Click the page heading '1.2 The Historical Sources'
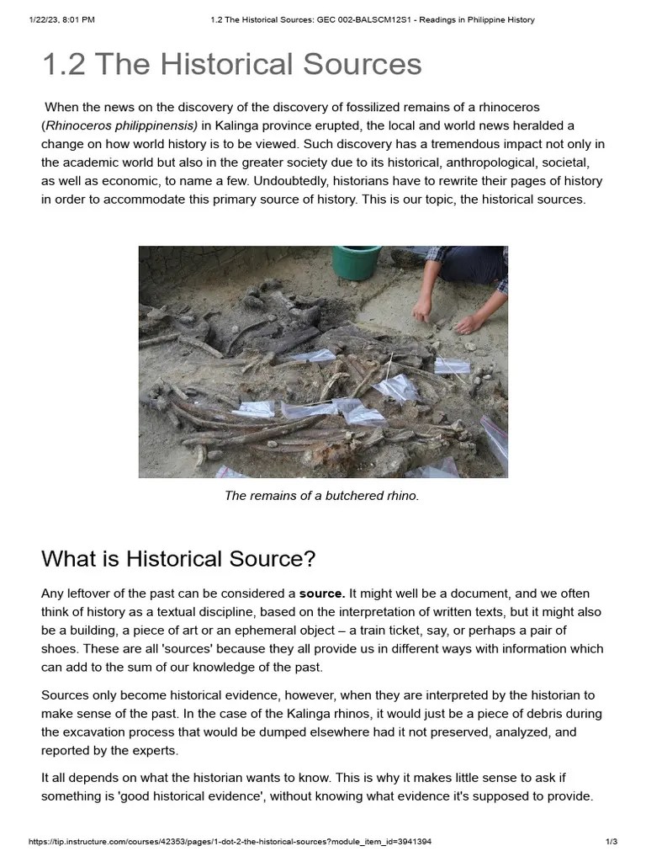231,64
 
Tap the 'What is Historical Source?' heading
178,558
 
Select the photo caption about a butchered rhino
321,496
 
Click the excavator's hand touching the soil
423,313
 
